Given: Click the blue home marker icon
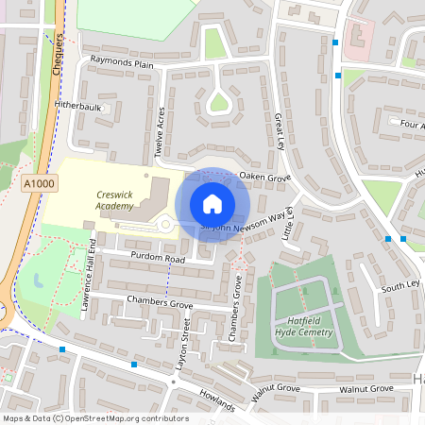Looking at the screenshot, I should click(212, 204).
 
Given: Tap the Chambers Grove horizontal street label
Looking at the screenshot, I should click(152, 304).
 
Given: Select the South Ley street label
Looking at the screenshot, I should click(399, 285).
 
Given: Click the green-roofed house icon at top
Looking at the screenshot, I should click(212, 43).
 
